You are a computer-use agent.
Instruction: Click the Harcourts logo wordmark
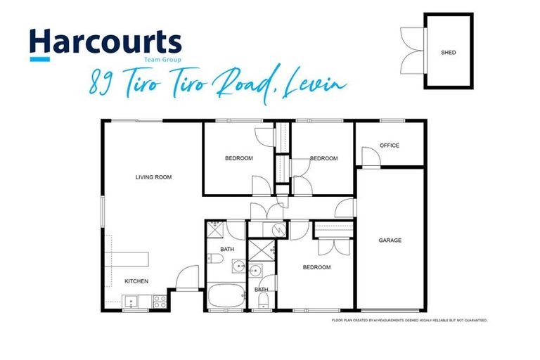point(105,42)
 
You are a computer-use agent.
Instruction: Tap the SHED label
point(448,53)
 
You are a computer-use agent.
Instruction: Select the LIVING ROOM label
point(153,177)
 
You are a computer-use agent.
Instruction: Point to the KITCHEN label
point(136,281)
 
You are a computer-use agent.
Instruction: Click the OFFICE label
point(390,146)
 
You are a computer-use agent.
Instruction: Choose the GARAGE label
point(390,240)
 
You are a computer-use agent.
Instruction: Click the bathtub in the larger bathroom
point(225,295)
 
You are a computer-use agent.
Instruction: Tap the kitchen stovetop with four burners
point(160,302)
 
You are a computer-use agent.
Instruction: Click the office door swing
point(370,156)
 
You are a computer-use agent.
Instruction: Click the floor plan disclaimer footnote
point(409,321)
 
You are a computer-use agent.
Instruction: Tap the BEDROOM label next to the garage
point(316,267)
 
